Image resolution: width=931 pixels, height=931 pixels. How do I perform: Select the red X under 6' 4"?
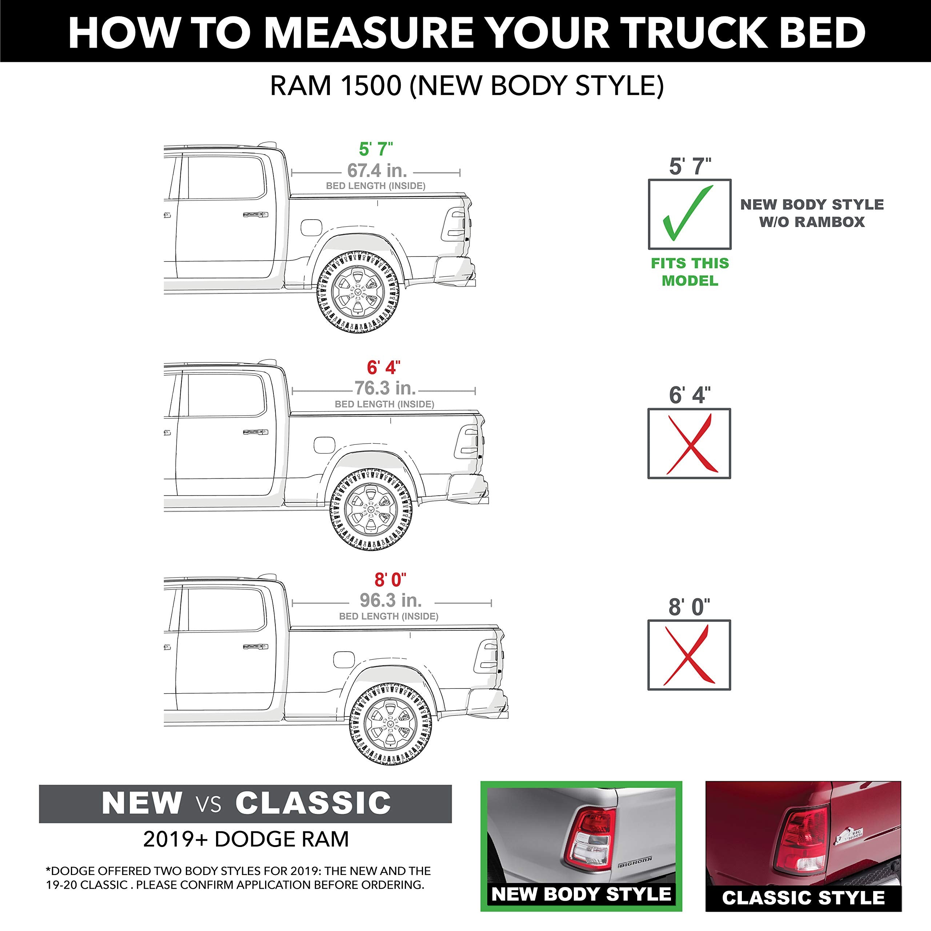coord(689,443)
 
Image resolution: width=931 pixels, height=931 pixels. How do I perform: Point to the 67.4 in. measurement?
coord(377,171)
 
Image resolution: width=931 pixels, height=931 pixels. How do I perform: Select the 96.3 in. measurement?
coord(390,600)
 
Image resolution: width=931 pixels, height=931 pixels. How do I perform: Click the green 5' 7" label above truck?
coord(376,149)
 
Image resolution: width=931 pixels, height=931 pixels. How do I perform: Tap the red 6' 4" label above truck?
coord(384,367)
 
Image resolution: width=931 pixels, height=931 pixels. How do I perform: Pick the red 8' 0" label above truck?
coord(390,580)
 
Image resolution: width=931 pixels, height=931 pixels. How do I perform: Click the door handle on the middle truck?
coord(255,432)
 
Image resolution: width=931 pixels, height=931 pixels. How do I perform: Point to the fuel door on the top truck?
coord(311,227)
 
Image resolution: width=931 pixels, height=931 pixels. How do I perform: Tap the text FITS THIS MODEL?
coord(690,272)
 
